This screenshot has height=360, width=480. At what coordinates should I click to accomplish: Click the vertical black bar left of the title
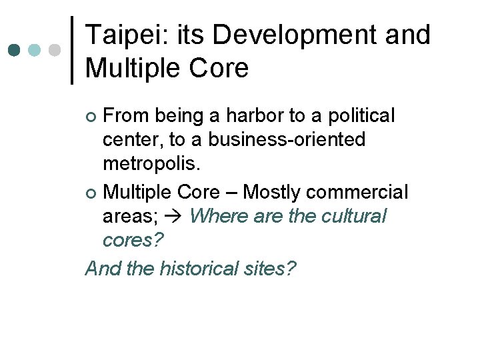coord(72,50)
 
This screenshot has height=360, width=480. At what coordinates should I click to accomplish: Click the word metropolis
coord(150,164)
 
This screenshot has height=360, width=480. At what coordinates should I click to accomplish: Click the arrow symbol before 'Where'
coord(180,217)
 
